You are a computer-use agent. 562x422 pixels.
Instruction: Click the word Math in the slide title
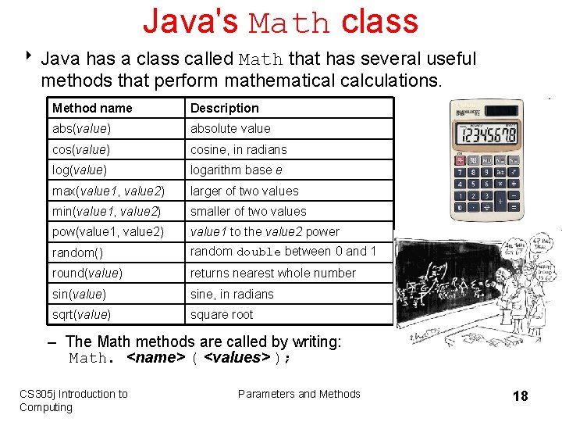(290, 23)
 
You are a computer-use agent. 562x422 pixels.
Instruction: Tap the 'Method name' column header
(92, 108)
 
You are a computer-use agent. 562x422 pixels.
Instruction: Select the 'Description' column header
(224, 108)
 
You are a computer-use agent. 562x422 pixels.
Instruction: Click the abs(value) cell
(81, 128)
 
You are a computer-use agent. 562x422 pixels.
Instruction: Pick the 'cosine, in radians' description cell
(239, 149)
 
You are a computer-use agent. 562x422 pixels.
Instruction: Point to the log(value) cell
(79, 170)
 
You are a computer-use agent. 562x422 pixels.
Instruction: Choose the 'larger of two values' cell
(244, 191)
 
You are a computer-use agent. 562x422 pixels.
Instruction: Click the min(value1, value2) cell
(108, 211)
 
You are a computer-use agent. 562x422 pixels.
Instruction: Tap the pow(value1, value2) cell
(108, 231)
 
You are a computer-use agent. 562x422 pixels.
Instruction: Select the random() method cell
(77, 252)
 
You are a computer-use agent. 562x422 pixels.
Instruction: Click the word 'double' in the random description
(258, 252)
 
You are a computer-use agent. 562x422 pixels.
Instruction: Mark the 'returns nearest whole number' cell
(272, 273)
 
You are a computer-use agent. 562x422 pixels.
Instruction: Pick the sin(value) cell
(79, 294)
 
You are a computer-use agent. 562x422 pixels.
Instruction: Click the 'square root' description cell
(222, 314)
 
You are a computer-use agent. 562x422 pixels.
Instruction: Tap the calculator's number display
(488, 134)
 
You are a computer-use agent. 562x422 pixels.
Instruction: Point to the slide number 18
(520, 396)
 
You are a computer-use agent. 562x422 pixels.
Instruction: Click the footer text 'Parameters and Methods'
(299, 394)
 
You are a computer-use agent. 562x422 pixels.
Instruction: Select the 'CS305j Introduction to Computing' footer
(73, 400)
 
